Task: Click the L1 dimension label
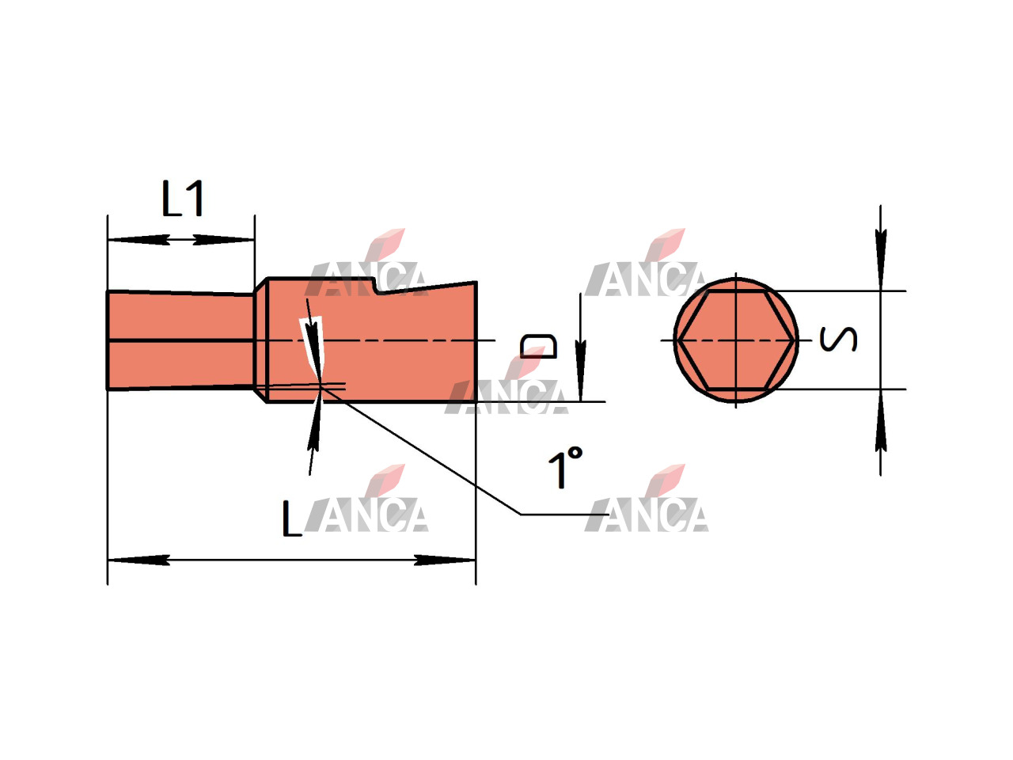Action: [x=183, y=199]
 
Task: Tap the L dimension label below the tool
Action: [x=291, y=519]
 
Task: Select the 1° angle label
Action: [x=565, y=467]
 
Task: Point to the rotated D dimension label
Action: [x=538, y=346]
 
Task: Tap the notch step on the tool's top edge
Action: [x=376, y=286]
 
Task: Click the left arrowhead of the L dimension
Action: [x=138, y=560]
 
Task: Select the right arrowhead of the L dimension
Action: [x=445, y=560]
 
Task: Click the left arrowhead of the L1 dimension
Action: [x=138, y=240]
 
